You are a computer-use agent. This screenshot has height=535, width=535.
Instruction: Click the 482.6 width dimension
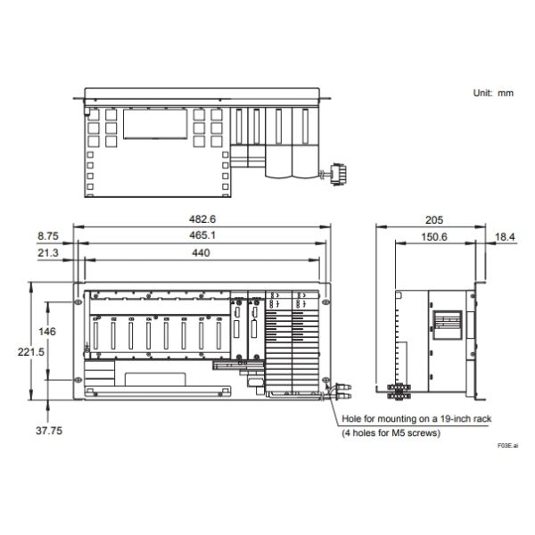(x=202, y=219)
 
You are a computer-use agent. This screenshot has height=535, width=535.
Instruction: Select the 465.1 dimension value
(x=202, y=235)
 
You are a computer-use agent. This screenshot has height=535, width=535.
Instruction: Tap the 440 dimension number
(x=201, y=253)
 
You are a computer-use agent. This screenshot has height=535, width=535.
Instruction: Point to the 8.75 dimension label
(x=48, y=235)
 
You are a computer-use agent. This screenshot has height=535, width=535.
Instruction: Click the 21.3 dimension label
(x=48, y=253)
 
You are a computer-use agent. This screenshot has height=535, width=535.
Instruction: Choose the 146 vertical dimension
(x=47, y=332)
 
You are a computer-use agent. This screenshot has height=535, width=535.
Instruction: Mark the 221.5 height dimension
(x=31, y=352)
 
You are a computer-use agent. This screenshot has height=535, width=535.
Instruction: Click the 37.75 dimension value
(x=49, y=431)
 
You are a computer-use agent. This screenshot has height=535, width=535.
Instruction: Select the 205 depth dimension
(x=434, y=220)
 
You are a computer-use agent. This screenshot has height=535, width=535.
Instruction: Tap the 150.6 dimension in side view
(x=434, y=237)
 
